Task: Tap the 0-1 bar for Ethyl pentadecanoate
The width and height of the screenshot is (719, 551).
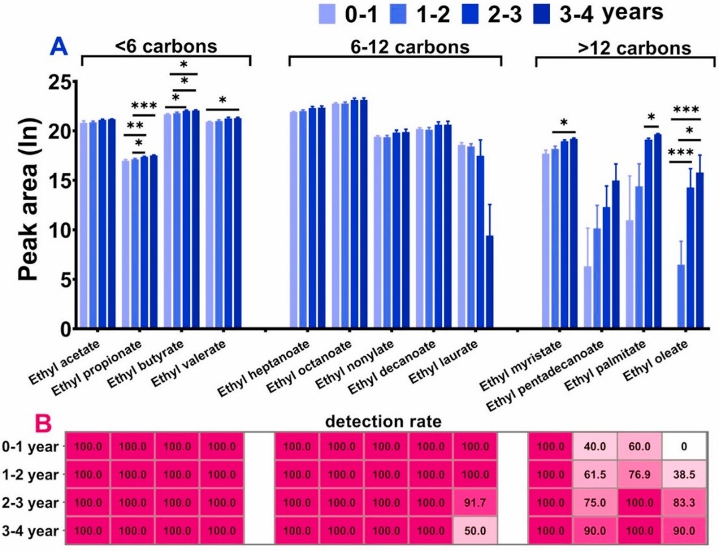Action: [x=552, y=298]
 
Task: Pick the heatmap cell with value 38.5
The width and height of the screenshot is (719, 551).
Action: [x=685, y=475]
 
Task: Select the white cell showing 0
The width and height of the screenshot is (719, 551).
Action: [x=685, y=447]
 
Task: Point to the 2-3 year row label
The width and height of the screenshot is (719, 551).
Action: [x=31, y=503]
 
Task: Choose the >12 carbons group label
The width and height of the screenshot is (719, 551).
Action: [x=621, y=48]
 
